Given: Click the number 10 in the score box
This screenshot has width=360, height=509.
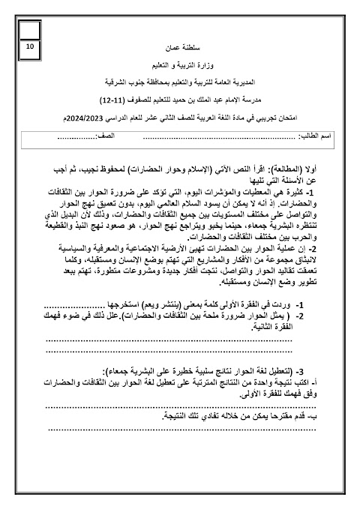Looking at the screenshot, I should click(29, 46).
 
